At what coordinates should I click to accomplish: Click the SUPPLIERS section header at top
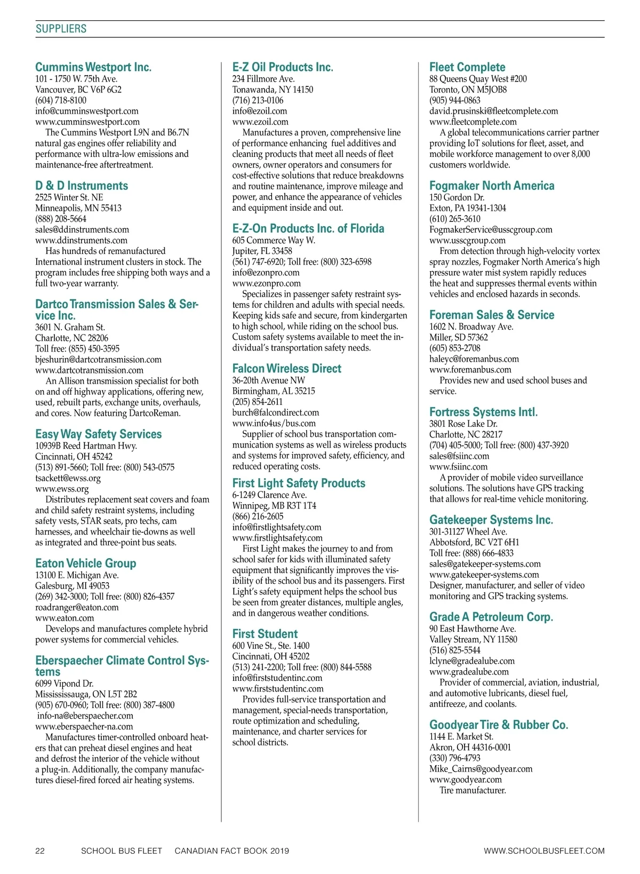(61, 29)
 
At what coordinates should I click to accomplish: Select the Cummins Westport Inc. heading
(93, 67)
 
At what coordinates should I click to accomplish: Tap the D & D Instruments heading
(82, 186)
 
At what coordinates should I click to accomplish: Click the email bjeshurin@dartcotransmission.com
(98, 360)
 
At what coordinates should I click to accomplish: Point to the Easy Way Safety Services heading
(98, 434)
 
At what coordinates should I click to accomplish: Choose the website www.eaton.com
(65, 618)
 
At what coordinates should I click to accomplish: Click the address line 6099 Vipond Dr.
(64, 684)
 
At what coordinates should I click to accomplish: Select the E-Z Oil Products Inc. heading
(283, 67)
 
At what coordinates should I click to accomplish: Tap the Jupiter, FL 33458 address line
(262, 251)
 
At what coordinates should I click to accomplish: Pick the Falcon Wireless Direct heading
(286, 368)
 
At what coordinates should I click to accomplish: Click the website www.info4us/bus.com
(274, 423)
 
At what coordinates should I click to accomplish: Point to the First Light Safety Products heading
(299, 483)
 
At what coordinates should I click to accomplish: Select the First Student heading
(265, 634)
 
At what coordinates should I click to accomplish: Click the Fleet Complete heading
(467, 67)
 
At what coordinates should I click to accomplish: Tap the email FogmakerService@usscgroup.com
(491, 229)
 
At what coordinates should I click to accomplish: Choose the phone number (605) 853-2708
(454, 348)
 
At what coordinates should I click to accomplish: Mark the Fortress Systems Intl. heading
(483, 412)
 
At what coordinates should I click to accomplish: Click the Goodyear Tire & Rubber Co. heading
(499, 725)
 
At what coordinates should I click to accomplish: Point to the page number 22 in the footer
(40, 851)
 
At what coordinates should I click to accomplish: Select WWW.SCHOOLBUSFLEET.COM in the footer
(544, 851)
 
